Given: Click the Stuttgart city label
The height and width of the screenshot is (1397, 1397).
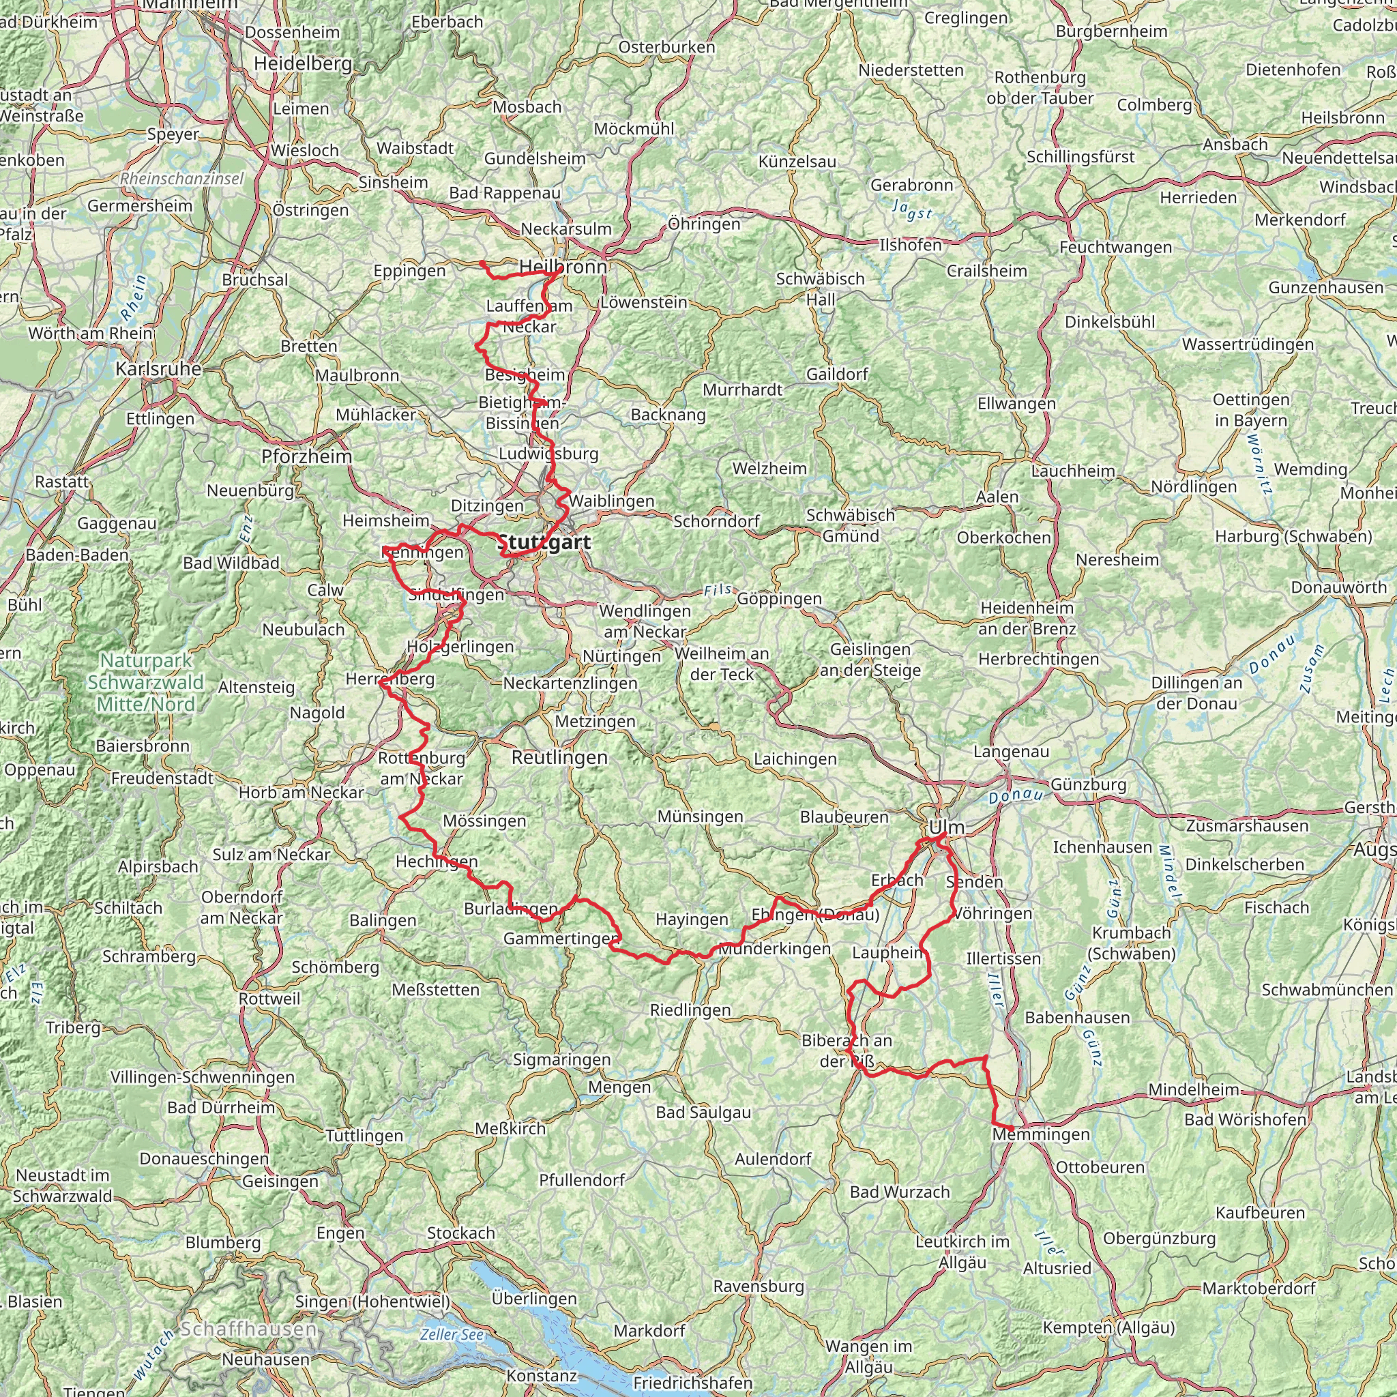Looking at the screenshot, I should coord(544,542).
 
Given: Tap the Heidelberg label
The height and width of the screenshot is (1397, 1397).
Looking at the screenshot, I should coord(303,63).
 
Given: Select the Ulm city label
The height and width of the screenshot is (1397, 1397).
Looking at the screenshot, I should coord(947,827).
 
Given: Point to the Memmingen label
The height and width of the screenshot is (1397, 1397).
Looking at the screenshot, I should coord(1040,1134).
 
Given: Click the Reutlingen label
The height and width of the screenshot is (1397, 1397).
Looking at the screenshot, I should coord(559,757).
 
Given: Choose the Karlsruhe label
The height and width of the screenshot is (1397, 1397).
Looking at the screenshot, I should coord(158,369).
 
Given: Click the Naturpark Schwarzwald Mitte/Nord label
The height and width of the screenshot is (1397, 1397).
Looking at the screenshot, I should coord(145,682).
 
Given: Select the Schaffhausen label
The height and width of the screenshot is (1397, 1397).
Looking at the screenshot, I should coord(248,1329).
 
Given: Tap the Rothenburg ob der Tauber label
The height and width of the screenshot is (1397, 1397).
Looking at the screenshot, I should coord(1040,87).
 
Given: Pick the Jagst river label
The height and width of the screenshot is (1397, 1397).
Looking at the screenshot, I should coord(912,209).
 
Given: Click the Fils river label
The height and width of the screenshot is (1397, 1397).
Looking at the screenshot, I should coord(718,591).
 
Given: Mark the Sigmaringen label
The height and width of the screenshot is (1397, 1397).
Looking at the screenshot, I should coord(561,1060).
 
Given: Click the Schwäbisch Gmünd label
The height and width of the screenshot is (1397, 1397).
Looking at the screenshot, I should coord(851,526).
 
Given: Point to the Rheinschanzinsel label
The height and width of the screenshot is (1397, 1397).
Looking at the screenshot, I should coord(182,179).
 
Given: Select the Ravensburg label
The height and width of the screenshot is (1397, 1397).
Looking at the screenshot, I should coord(759,1286).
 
